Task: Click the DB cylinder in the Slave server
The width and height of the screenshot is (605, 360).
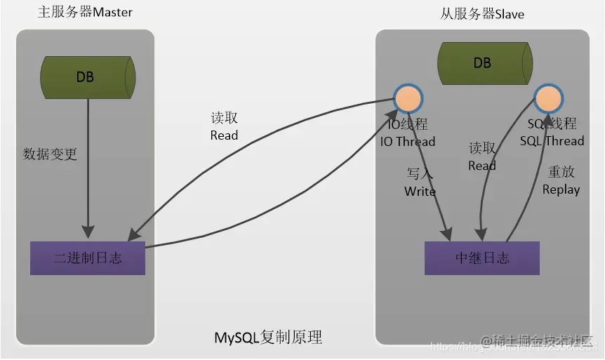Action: pyautogui.click(x=482, y=63)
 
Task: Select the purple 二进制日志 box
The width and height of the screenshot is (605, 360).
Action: pyautogui.click(x=88, y=258)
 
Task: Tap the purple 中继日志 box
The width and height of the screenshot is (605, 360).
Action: pyautogui.click(x=482, y=258)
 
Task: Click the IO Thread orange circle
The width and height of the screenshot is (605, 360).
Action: pyautogui.click(x=408, y=99)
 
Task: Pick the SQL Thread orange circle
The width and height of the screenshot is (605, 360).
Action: pyautogui.click(x=548, y=99)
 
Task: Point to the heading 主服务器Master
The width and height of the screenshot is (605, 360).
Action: pyautogui.click(x=85, y=13)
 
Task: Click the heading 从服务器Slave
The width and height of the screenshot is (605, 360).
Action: pyautogui.click(x=482, y=14)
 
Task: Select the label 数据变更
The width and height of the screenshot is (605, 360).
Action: pyautogui.click(x=50, y=154)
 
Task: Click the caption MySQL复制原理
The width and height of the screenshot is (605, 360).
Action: pyautogui.click(x=268, y=338)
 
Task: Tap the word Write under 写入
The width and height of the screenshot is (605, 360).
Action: pyautogui.click(x=420, y=192)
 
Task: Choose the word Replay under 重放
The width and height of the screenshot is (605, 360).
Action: pyautogui.click(x=561, y=189)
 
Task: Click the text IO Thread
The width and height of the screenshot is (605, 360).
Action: pyautogui.click(x=407, y=141)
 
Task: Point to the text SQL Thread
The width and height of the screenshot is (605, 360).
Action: pyautogui.click(x=552, y=141)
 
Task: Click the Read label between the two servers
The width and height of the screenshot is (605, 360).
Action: pyautogui.click(x=224, y=135)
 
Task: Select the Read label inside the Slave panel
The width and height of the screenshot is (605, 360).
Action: pyautogui.click(x=481, y=166)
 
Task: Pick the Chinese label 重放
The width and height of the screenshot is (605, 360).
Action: pyautogui.click(x=561, y=172)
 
